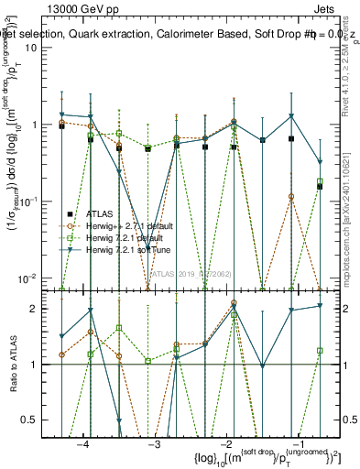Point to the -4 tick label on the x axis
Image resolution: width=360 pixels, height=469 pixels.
(83, 443)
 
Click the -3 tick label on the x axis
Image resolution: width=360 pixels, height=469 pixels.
(155, 443)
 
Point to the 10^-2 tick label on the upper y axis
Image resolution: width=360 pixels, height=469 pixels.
(39, 278)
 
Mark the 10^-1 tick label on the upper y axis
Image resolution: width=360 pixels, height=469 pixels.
(39, 201)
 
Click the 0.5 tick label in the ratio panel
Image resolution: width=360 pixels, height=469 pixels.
(38, 420)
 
